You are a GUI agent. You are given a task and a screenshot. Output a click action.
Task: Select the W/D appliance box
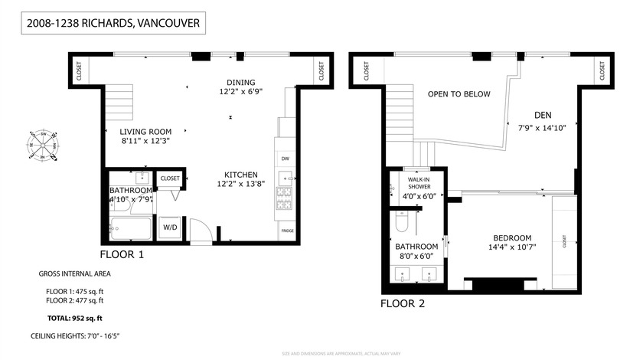(169, 227)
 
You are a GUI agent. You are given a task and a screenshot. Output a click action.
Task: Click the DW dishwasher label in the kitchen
(286, 159)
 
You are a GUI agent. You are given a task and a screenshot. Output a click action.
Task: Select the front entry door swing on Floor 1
(198, 229)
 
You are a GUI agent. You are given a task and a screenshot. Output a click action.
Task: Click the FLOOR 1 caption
(122, 255)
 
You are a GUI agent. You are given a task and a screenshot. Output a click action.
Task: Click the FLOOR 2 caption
(403, 303)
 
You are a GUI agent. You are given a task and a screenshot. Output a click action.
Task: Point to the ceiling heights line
(75, 336)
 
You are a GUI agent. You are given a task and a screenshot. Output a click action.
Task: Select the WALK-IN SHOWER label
(419, 183)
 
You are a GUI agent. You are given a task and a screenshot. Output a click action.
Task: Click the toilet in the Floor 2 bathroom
(402, 224)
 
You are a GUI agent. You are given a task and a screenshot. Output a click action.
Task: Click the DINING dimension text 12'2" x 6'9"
(240, 92)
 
